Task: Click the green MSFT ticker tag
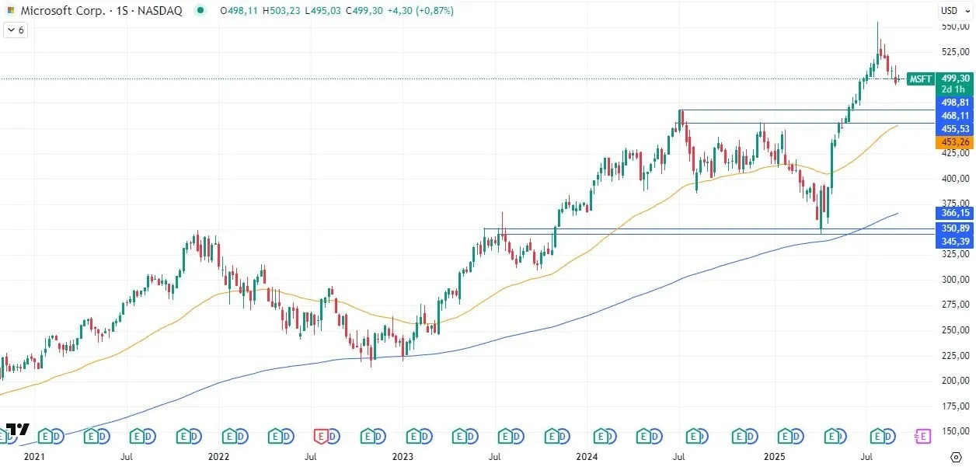coord(920,78)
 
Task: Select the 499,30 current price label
coord(955,78)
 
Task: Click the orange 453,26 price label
coord(955,142)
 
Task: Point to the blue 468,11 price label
coord(955,115)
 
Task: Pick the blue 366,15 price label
coord(955,213)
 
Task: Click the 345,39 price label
coord(955,242)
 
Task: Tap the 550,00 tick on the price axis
coord(954,26)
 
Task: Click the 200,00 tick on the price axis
coord(954,381)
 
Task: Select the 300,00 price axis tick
coord(954,279)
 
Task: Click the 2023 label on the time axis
coord(403,457)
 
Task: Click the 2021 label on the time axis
coord(34,457)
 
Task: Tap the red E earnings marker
coord(322,437)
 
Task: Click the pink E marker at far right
coord(922,437)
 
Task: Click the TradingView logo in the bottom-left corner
coord(17,430)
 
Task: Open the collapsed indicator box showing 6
coord(16,30)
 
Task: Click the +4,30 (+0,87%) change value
coord(422,11)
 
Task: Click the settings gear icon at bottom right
coord(956,456)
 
